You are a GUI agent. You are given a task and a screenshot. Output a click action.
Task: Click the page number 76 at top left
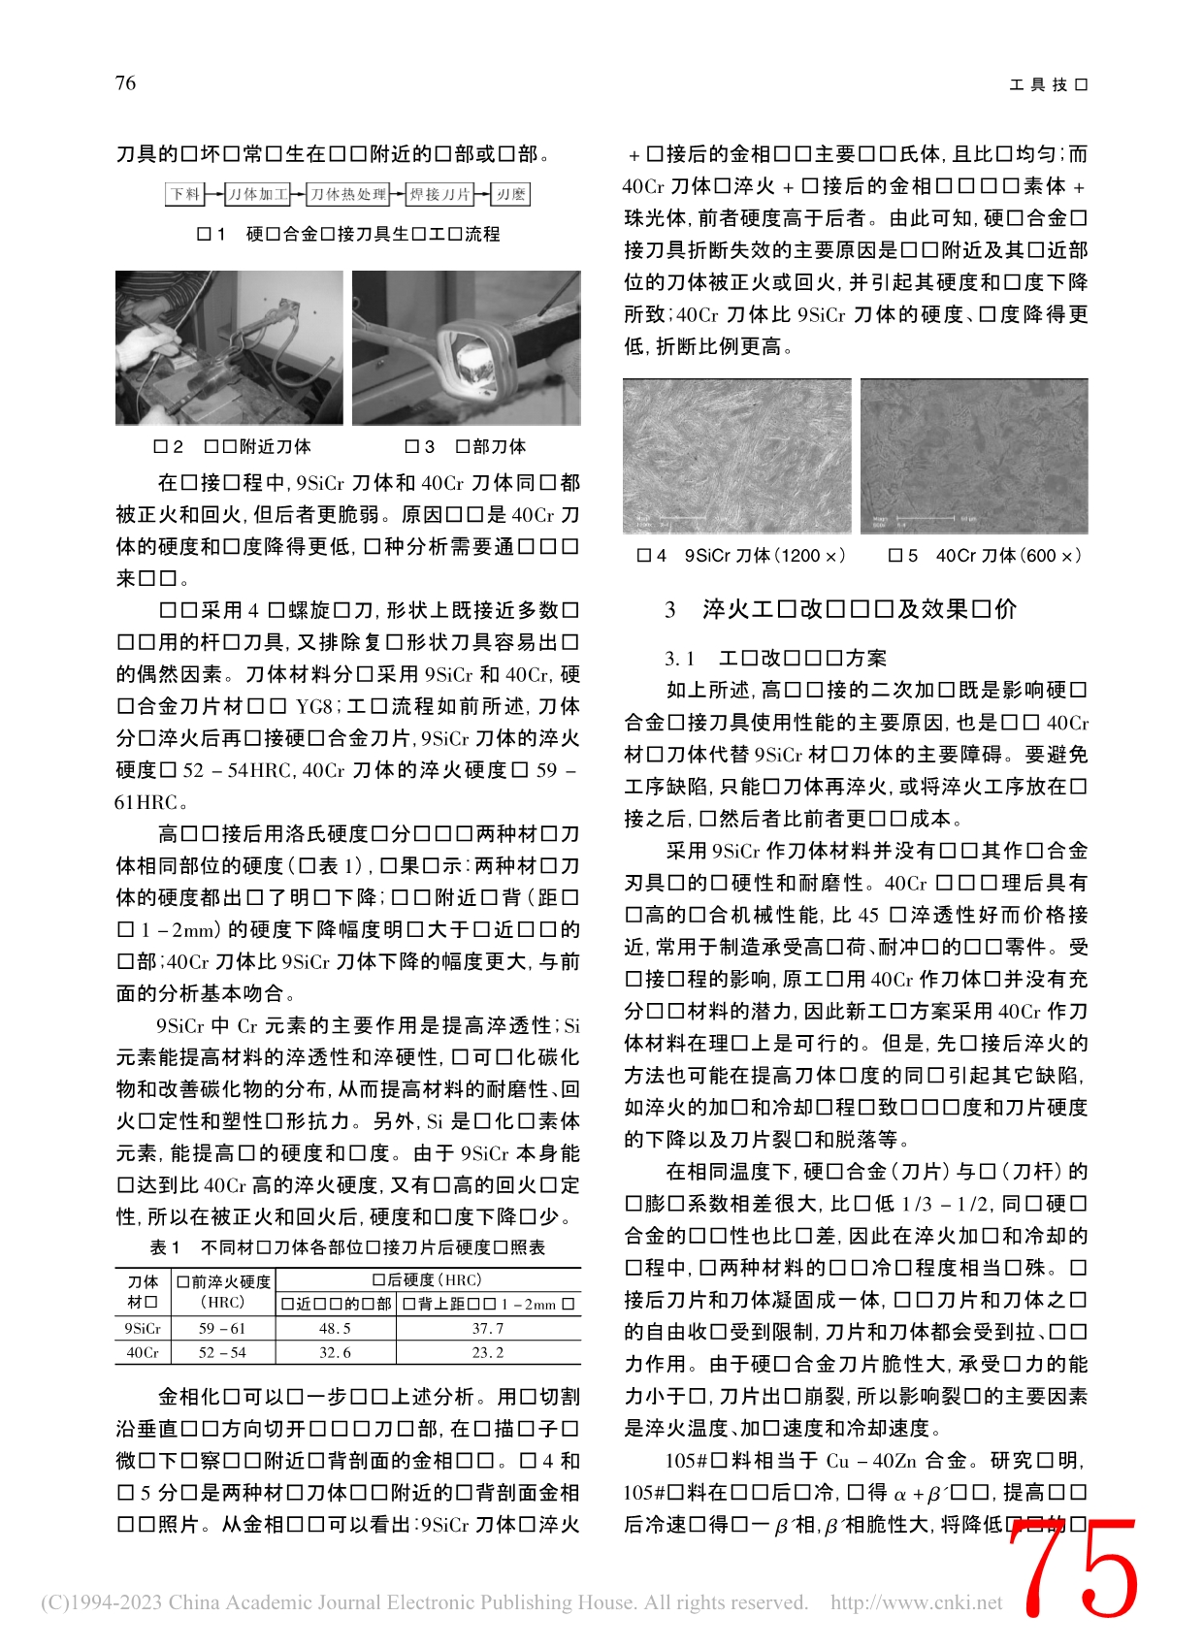126,83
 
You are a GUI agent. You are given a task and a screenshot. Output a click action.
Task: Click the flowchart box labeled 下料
185,195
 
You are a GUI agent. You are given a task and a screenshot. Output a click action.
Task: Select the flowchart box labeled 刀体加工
257,195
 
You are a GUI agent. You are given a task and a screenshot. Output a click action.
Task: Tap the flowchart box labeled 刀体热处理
348,195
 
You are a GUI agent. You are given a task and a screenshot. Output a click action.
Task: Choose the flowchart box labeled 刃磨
511,195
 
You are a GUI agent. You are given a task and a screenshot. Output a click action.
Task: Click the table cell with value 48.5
335,1329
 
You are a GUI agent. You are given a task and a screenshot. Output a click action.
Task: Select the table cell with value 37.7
488,1329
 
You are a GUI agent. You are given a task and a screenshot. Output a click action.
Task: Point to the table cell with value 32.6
335,1352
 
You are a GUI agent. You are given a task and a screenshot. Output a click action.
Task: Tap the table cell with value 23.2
488,1352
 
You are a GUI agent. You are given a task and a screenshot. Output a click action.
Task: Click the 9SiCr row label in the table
143,1329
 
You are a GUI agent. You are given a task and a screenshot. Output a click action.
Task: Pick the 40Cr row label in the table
143,1352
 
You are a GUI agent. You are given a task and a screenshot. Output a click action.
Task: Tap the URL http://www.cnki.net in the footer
916,1602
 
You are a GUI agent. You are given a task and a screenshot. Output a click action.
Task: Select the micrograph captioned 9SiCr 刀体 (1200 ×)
737,456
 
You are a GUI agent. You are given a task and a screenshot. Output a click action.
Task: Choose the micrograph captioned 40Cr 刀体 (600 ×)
974,456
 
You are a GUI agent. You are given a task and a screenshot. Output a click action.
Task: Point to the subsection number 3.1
679,659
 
